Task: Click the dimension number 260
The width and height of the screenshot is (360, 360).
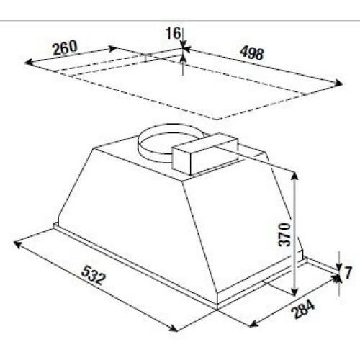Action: pos(65,48)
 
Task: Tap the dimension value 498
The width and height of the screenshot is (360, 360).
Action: pos(252,53)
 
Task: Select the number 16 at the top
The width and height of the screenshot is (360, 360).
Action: pos(173,33)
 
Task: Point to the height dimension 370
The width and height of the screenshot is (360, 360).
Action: pos(284,235)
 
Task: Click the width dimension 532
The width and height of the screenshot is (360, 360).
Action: pos(94,275)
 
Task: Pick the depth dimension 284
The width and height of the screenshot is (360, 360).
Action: pos(302,310)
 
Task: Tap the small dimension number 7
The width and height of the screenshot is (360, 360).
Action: pos(348,272)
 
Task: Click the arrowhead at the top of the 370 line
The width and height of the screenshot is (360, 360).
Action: pos(295,176)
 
